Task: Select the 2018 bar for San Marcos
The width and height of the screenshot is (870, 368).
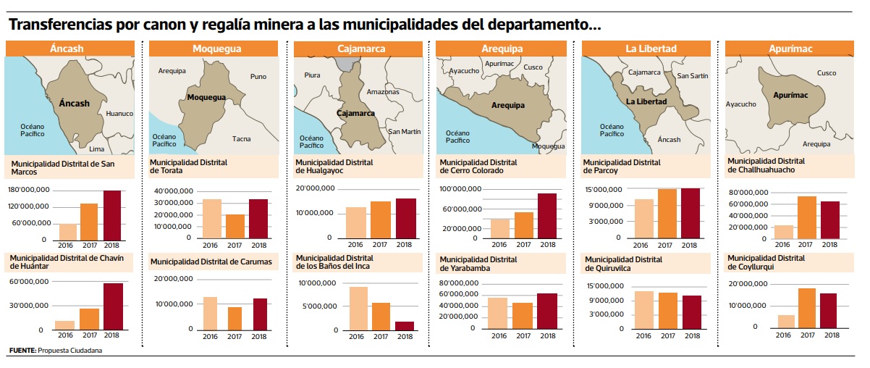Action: pyautogui.click(x=112, y=215)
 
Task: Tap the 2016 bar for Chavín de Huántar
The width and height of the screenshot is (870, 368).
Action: pyautogui.click(x=65, y=325)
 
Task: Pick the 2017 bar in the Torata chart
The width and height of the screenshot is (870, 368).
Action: pyautogui.click(x=235, y=226)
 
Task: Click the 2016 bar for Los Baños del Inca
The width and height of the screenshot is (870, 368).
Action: pyautogui.click(x=357, y=308)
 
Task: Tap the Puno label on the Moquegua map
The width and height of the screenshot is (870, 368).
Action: pyautogui.click(x=258, y=76)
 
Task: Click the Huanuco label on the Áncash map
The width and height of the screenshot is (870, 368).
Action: pyautogui.click(x=119, y=114)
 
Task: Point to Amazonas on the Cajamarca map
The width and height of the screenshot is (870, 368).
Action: pyautogui.click(x=383, y=92)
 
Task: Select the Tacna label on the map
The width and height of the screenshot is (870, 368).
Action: pyautogui.click(x=242, y=138)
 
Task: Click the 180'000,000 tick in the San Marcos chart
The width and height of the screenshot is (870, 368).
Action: pyautogui.click(x=28, y=190)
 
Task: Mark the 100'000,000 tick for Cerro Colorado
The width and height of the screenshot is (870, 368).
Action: pyautogui.click(x=460, y=189)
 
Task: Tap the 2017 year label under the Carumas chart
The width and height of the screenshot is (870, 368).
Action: pyautogui.click(x=235, y=335)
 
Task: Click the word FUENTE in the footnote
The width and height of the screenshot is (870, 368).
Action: pyautogui.click(x=22, y=351)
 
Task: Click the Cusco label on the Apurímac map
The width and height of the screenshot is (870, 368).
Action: pyautogui.click(x=826, y=73)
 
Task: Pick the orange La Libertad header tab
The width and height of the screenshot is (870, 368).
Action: pyautogui.click(x=651, y=49)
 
